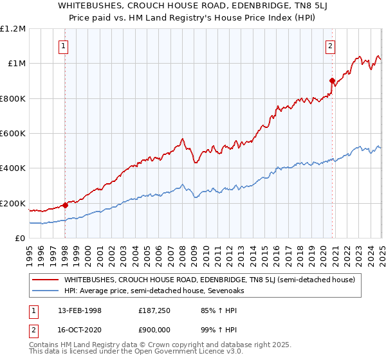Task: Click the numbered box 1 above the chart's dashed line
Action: click(64, 46)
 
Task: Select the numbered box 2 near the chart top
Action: click(330, 46)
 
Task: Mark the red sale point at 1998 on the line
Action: click(65, 206)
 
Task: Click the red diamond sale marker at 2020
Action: click(333, 81)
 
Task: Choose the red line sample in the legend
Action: click(46, 280)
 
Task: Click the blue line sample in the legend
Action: click(46, 291)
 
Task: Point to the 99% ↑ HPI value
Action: click(209, 330)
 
